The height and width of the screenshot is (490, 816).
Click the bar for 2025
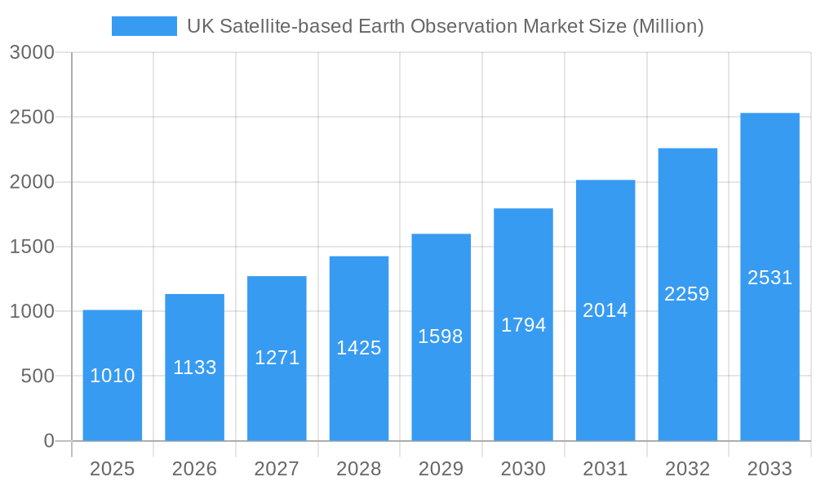click(x=113, y=408)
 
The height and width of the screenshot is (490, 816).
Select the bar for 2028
click(x=359, y=392)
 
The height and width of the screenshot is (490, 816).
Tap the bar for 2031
click(x=605, y=367)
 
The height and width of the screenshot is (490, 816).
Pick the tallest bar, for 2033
click(x=769, y=343)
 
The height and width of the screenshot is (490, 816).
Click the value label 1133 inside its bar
click(x=195, y=367)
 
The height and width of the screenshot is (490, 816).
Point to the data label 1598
click(x=441, y=336)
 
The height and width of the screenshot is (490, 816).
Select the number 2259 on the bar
click(x=687, y=294)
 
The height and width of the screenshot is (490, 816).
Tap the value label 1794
click(x=523, y=325)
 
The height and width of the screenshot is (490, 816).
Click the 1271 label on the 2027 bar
click(x=277, y=358)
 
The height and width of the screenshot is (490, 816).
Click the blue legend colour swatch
click(x=144, y=26)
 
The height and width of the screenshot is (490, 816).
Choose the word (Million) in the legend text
click(x=667, y=26)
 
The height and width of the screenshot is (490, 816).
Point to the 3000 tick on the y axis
click(x=32, y=53)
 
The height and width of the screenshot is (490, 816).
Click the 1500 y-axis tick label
click(x=32, y=247)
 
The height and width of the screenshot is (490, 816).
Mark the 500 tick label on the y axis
click(x=38, y=376)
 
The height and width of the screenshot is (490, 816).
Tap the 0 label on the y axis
click(x=48, y=441)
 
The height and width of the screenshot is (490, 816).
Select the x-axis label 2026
click(x=195, y=469)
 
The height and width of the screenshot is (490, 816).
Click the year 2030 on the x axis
click(x=523, y=469)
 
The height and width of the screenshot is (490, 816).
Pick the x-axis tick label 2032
click(x=687, y=469)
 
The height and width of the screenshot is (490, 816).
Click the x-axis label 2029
click(x=441, y=469)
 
